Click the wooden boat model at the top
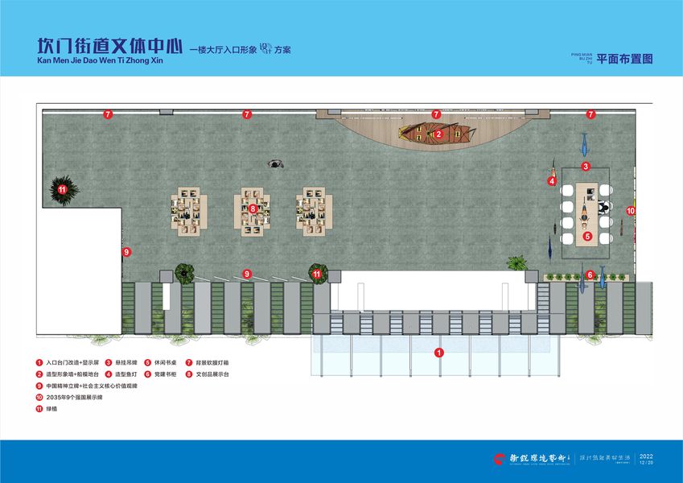point(435,134)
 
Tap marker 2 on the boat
point(438,134)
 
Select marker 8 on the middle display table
point(253,208)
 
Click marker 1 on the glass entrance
point(438,352)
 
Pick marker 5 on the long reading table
point(587,237)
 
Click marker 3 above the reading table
point(586,167)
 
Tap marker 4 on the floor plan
point(552,181)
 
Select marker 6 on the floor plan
point(590,275)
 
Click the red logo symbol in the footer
point(500,459)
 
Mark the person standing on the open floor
point(276,163)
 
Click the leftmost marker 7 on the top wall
point(107,114)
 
